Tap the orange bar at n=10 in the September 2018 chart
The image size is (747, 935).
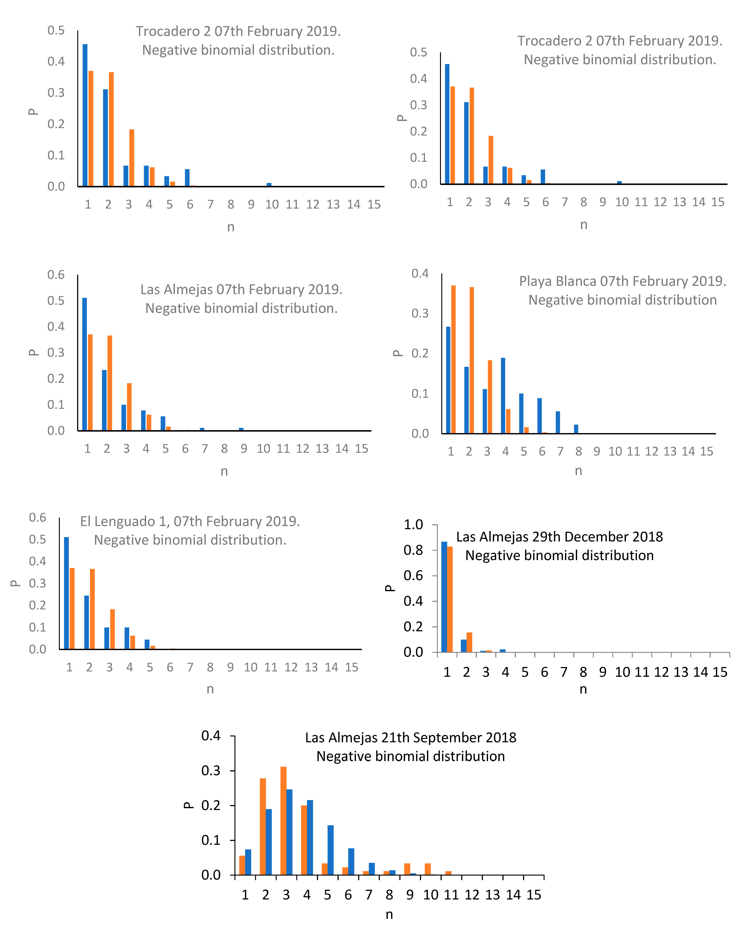coord(428,869)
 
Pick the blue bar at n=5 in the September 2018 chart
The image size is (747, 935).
coord(330,850)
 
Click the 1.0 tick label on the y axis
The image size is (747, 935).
coord(413,525)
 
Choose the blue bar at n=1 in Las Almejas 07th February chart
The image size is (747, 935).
coord(84,364)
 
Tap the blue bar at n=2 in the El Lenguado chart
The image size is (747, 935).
coord(87,622)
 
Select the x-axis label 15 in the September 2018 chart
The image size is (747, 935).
coord(534,895)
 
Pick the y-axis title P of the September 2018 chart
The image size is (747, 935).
coord(188,805)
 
